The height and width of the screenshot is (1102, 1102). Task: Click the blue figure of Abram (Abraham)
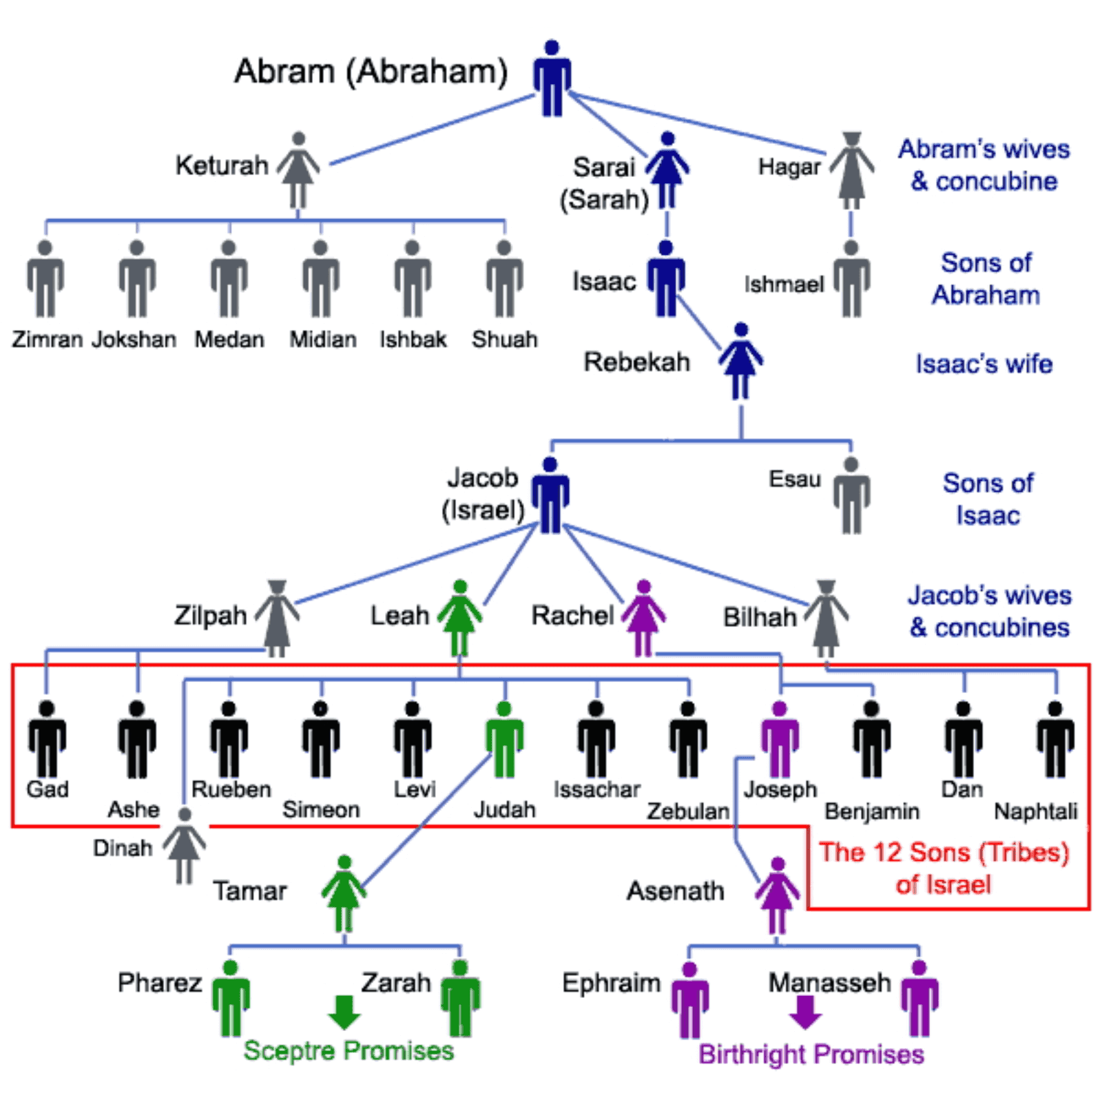click(552, 79)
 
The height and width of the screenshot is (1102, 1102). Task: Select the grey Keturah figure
click(298, 170)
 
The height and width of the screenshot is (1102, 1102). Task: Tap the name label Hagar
click(789, 167)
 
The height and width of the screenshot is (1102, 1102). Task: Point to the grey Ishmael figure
click(852, 279)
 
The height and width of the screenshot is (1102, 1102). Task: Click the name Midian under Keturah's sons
click(322, 340)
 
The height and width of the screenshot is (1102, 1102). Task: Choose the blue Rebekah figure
click(741, 361)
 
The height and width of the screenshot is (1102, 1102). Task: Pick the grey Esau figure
click(852, 496)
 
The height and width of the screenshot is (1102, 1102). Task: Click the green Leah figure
click(460, 618)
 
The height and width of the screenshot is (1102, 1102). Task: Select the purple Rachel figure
click(643, 618)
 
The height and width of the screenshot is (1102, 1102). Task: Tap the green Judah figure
click(505, 740)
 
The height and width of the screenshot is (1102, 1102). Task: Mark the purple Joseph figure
click(780, 740)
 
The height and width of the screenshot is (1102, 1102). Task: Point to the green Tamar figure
click(344, 893)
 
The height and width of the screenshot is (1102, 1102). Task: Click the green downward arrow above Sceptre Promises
click(344, 1011)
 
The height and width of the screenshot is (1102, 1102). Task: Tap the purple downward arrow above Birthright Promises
click(804, 1011)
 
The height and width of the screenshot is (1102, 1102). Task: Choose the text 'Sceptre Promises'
click(349, 1051)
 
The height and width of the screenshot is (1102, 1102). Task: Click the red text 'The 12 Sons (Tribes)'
click(944, 853)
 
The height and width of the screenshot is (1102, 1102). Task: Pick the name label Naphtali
click(1035, 812)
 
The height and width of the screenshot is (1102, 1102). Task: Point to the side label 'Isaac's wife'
click(984, 364)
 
